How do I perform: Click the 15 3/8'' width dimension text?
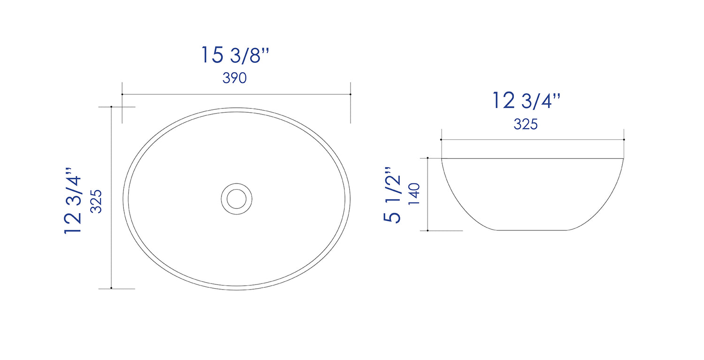[236, 55]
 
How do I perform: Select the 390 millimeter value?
[235, 78]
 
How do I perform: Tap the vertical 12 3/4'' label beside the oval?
[74, 200]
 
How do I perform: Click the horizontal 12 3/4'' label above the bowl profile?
[526, 101]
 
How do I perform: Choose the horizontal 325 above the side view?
[526, 124]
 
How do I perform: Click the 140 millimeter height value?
[414, 193]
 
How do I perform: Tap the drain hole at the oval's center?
[237, 199]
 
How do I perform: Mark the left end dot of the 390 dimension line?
[122, 94]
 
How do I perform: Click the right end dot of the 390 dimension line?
[351, 94]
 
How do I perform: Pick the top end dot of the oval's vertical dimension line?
[111, 107]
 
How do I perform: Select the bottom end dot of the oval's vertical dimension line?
[111, 288]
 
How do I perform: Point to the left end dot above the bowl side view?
[441, 139]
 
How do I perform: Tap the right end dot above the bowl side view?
[624, 139]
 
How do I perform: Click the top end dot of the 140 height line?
[428, 159]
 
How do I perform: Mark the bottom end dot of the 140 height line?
[428, 230]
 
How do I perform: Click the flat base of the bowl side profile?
[533, 230]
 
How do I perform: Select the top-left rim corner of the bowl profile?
[442, 159]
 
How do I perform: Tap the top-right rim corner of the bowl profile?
[623, 159]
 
